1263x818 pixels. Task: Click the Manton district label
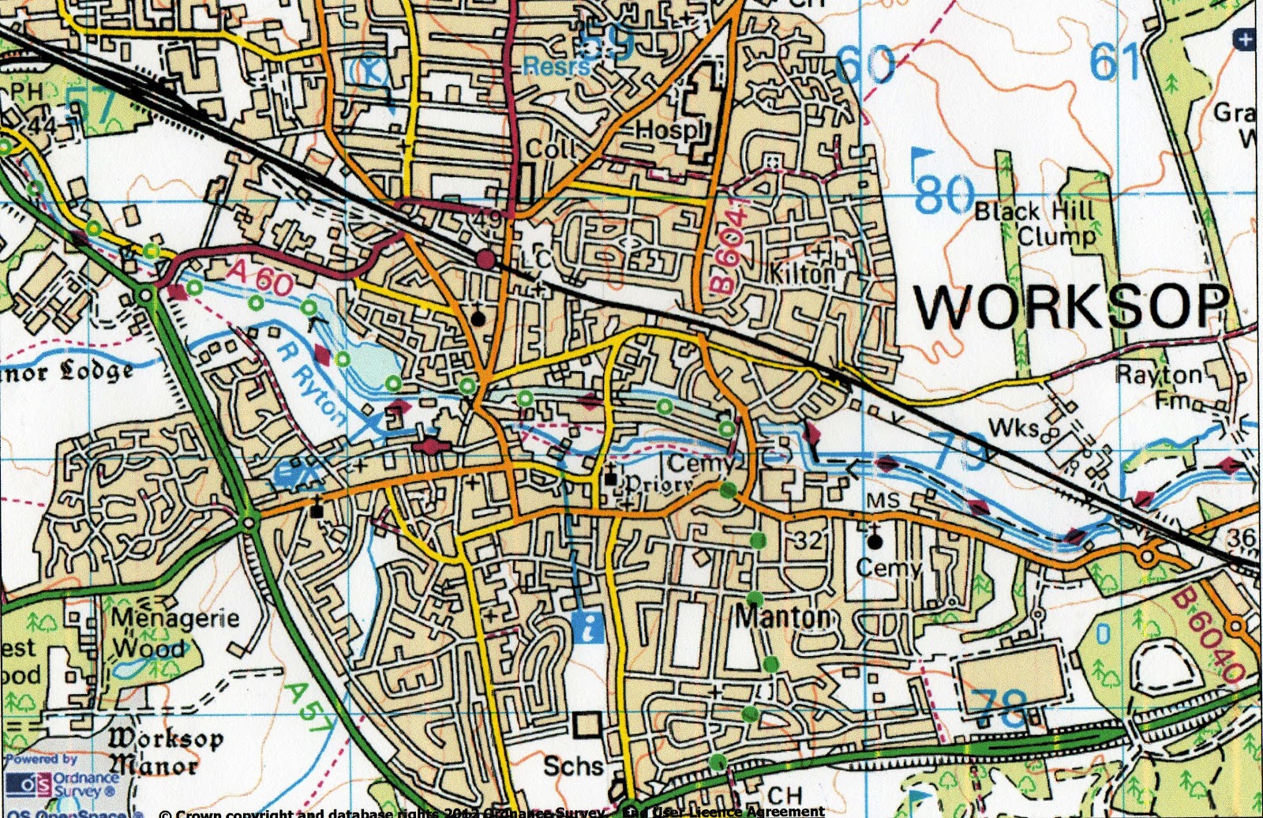coord(783,617)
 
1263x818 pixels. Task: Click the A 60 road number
coord(261,278)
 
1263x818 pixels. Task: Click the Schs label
coord(574,766)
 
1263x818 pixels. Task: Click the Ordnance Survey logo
coord(63,784)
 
